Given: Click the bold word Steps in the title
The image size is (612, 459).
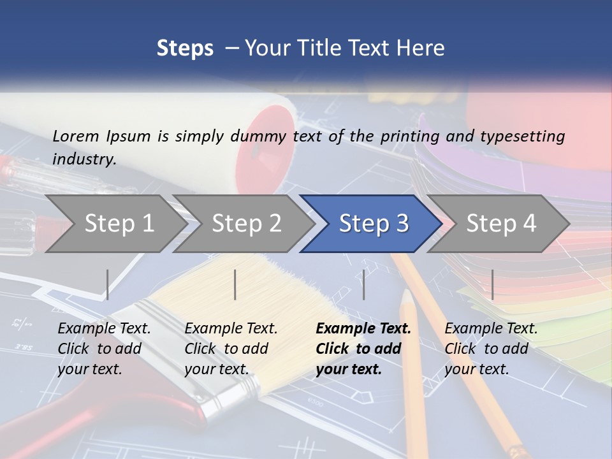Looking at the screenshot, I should (x=185, y=48).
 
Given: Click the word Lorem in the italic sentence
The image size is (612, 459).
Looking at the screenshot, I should (x=76, y=136).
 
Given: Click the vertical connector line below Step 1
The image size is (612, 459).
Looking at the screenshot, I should (x=108, y=284).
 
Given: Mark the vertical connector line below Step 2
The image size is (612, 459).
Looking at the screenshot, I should (x=235, y=284).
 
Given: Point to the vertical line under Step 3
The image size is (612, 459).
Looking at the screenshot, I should (x=364, y=284).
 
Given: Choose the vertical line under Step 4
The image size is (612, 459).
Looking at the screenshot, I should (x=492, y=284).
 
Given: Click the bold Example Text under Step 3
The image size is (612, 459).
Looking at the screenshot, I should (x=363, y=329).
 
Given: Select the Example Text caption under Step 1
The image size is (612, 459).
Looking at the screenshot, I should (x=105, y=329).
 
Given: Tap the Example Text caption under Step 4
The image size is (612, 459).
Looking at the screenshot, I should (x=491, y=329).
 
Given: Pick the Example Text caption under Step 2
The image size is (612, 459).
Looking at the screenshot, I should (x=231, y=329).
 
